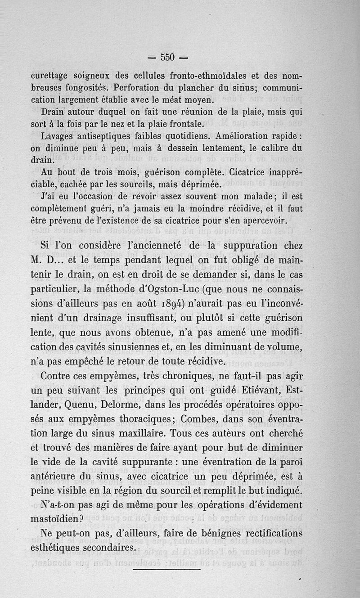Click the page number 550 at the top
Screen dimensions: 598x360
pos(167,57)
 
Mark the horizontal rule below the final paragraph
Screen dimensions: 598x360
pos(167,569)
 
